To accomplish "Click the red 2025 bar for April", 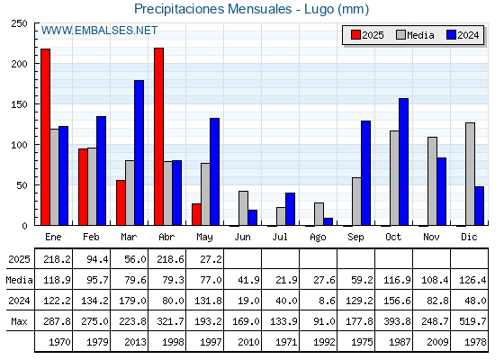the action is [158, 137].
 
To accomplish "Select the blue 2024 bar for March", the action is [139, 153].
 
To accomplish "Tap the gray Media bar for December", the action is [470, 174].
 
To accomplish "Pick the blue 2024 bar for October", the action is [404, 162].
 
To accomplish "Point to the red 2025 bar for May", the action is [197, 214].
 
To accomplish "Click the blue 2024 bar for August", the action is [328, 221].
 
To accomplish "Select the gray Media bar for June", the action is [243, 208].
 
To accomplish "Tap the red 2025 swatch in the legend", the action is [355, 35].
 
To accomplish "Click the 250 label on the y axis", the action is [19, 23].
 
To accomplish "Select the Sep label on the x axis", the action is [355, 238].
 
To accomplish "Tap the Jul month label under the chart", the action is [280, 237].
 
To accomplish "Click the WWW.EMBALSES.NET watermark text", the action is [99, 31].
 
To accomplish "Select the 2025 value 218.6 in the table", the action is [170, 259].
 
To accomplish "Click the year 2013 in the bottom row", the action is [135, 342].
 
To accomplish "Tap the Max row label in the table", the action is [19, 321].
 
